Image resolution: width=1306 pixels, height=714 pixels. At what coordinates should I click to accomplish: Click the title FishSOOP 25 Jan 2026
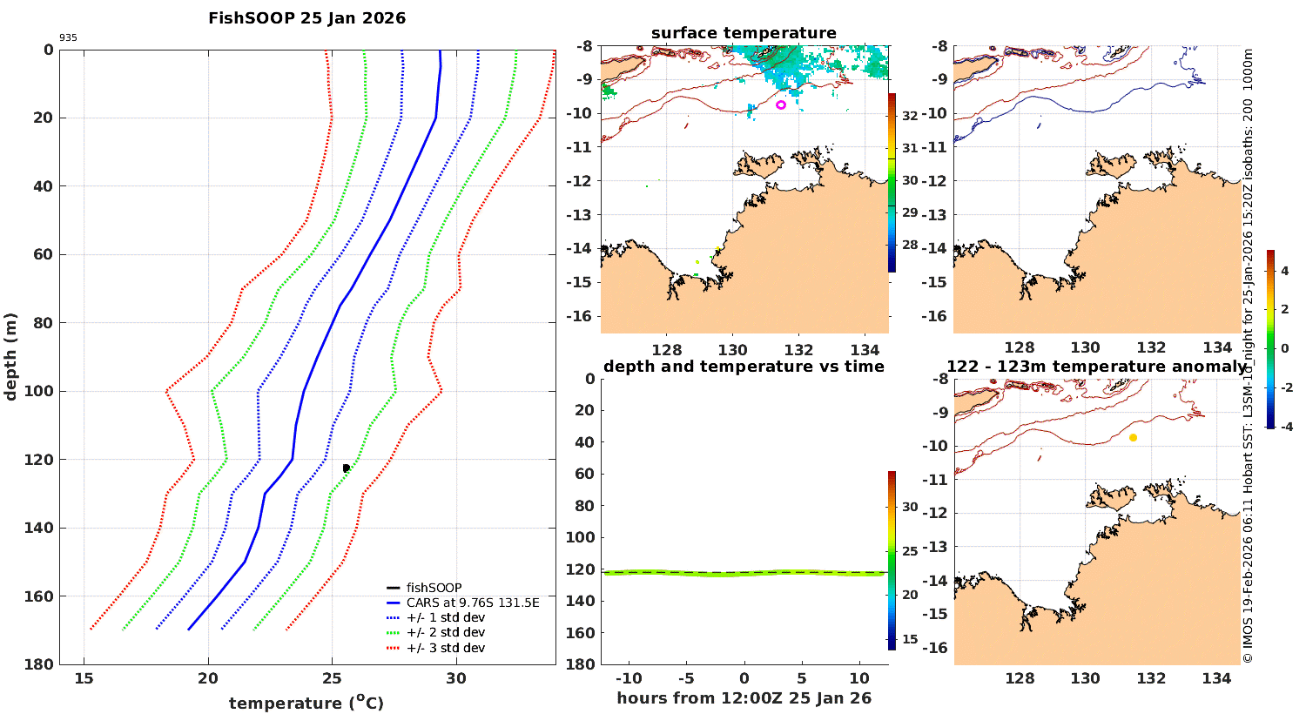(306, 18)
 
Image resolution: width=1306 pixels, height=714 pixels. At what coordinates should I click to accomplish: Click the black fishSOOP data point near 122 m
(346, 468)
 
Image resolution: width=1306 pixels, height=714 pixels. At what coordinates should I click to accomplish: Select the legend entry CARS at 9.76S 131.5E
(473, 603)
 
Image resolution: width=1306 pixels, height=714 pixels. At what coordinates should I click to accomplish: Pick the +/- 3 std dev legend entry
(446, 648)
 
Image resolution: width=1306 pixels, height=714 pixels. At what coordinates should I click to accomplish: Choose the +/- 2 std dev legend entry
(446, 632)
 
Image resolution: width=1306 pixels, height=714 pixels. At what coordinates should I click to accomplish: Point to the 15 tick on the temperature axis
(84, 679)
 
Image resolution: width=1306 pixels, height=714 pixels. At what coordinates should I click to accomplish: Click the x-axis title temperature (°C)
(306, 703)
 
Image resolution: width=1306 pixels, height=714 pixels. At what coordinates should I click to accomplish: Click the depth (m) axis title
(11, 356)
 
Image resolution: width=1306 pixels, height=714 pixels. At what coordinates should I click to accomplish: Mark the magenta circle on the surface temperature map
(781, 105)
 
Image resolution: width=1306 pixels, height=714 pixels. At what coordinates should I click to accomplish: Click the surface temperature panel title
(744, 33)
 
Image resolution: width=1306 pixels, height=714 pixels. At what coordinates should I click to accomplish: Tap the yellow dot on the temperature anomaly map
(1133, 438)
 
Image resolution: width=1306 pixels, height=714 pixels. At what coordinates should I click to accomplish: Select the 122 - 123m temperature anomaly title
(1096, 367)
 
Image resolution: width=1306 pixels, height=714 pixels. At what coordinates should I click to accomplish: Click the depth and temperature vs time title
(744, 367)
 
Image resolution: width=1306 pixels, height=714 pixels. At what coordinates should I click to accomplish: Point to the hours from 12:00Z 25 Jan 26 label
(744, 698)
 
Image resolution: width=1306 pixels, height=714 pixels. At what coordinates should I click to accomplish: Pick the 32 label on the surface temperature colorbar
(910, 116)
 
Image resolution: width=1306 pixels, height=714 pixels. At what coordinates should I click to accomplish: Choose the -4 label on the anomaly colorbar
(1284, 426)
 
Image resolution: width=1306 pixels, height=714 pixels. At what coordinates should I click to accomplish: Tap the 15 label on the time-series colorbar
(910, 639)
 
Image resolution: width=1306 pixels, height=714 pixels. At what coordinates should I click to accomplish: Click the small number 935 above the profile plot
(68, 38)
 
